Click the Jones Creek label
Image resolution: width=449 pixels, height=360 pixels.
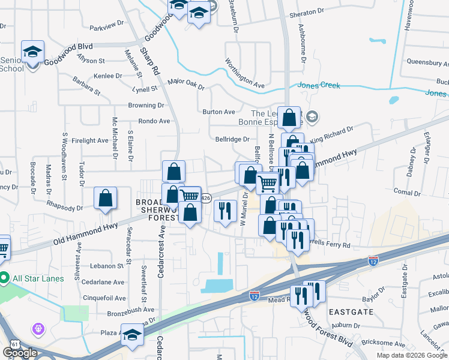[319, 86]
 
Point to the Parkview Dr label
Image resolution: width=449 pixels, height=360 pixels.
[106, 27]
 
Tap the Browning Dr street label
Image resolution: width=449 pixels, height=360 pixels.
[146, 105]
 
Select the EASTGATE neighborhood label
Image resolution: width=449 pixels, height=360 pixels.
[351, 312]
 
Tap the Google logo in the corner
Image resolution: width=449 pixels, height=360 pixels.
[19, 352]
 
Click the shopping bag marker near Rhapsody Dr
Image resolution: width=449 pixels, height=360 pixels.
[105, 199]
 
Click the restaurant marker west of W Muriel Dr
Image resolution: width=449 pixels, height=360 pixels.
[225, 212]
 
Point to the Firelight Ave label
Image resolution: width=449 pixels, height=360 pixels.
[89, 140]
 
